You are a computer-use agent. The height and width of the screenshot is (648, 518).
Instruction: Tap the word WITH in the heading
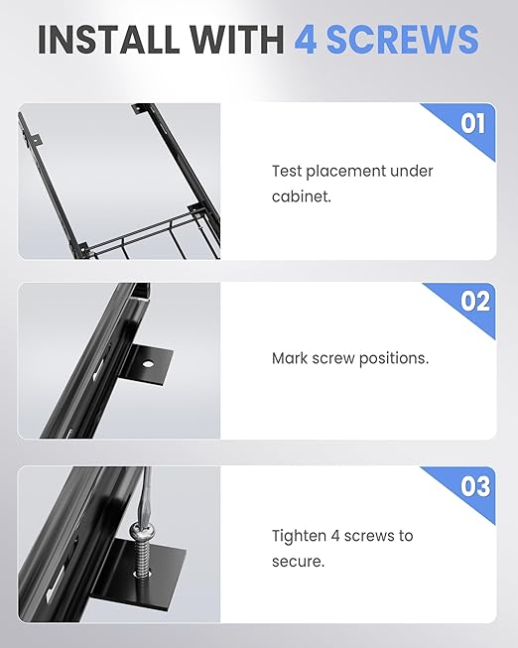237,40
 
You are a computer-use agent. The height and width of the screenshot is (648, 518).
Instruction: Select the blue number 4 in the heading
306,40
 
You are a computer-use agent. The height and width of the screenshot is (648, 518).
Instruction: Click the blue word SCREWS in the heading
403,40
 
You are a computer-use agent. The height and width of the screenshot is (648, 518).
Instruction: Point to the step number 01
473,123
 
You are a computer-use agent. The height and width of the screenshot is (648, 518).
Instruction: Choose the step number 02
475,301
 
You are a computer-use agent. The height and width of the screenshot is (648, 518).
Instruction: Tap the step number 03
475,486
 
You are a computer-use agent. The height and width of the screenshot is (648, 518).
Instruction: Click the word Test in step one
287,171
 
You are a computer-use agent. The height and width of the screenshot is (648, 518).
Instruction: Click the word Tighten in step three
299,536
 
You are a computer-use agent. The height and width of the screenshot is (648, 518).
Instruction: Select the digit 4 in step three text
335,536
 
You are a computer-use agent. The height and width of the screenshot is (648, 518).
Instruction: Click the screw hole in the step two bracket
149,364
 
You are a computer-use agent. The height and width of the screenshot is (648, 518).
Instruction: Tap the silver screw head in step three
141,529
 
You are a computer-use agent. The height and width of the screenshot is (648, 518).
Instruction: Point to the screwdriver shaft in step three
146,495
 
